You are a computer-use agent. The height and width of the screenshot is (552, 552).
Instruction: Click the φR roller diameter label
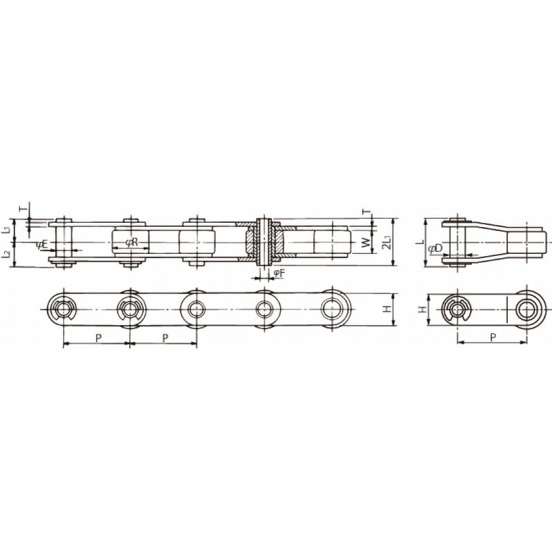tap(131, 242)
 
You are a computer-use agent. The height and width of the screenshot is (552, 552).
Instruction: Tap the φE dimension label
tap(41, 245)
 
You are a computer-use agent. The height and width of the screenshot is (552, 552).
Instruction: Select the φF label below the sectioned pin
tap(279, 273)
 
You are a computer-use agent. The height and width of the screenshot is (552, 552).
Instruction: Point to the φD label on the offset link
tap(435, 248)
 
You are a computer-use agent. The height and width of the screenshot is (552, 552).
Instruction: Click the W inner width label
tap(366, 242)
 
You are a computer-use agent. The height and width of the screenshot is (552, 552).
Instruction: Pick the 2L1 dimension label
tap(388, 242)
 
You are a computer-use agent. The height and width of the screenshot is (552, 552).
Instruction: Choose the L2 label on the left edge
tap(6, 255)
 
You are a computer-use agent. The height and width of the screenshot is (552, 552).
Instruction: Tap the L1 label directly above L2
tap(6, 230)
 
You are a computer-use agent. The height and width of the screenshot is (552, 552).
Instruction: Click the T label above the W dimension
tap(366, 212)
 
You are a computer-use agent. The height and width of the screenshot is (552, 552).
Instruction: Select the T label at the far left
tap(23, 209)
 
